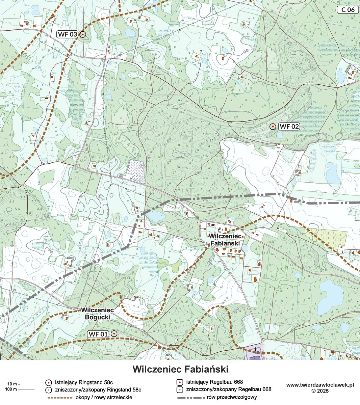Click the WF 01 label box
(98, 334)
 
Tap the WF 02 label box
(289, 127)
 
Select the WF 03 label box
(68, 34)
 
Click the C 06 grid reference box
(348, 9)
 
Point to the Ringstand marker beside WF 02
(273, 126)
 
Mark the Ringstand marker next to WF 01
(114, 334)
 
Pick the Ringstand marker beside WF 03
(83, 34)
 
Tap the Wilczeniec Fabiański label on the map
(225, 240)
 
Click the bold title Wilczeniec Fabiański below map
(180, 369)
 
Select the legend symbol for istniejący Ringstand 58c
(49, 382)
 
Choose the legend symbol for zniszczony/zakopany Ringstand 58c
(49, 390)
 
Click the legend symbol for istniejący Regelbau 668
(180, 382)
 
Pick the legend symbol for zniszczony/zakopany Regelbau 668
(180, 389)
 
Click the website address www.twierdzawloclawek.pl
(320, 385)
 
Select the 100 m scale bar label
(11, 390)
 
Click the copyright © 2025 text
(320, 391)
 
